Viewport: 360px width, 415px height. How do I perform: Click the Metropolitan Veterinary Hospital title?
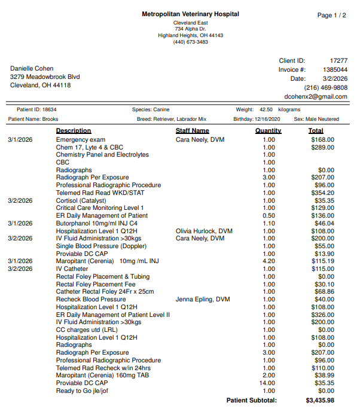190,14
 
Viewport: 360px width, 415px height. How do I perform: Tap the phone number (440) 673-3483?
190,42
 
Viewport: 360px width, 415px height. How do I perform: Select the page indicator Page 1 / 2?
331,16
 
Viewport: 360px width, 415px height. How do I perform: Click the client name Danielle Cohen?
32,69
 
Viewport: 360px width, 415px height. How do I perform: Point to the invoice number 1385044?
334,70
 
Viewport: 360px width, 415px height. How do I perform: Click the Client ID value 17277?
338,61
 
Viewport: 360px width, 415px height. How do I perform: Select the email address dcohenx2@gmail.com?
316,97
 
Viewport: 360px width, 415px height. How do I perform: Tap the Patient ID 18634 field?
36,110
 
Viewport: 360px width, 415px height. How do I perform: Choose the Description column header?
74,130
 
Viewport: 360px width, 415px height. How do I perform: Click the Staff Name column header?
192,130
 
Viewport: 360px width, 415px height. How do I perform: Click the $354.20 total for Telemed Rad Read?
322,193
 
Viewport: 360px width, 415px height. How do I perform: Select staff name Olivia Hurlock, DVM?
204,231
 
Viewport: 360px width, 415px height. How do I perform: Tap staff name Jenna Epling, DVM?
203,300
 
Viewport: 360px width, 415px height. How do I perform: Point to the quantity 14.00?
268,383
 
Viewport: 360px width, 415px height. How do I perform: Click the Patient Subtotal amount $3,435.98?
319,401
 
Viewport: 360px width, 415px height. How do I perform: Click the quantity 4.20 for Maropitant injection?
269,261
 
